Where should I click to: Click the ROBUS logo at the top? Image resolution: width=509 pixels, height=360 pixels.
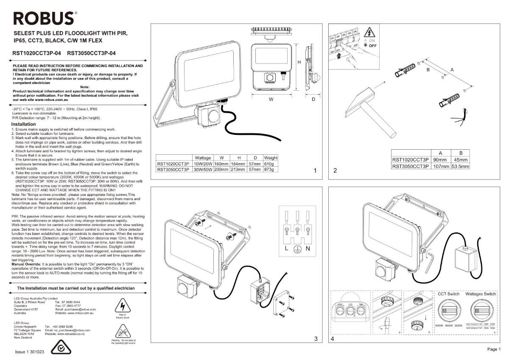point(44,18)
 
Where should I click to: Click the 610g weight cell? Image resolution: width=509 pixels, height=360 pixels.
point(271,164)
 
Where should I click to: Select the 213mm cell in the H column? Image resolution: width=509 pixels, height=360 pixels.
point(239,169)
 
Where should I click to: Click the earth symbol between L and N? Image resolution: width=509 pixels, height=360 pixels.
point(297,248)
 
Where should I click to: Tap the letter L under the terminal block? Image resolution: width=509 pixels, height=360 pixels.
point(287,248)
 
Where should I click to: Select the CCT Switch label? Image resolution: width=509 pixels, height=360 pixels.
point(448,294)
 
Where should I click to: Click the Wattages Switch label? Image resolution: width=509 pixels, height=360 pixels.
point(480,294)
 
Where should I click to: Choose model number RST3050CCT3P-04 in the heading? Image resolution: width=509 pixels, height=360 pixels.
point(91,53)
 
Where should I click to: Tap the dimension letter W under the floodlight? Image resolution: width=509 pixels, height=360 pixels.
point(271,99)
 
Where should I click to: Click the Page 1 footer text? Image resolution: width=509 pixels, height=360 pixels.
point(493,349)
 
